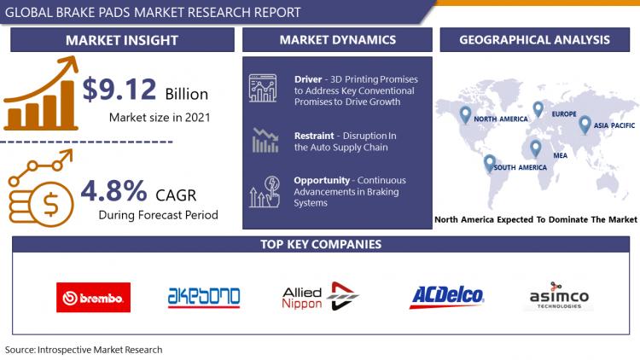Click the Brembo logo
click(94, 297)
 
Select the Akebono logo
click(204, 297)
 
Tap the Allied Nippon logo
click(320, 296)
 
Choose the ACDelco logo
click(446, 296)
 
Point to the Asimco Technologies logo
click(559, 296)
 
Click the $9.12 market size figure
click(119, 89)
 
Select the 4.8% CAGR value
click(113, 190)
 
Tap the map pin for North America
click(465, 114)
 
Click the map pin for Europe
click(538, 109)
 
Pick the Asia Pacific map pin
click(585, 125)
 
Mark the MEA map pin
click(536, 148)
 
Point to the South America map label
click(520, 167)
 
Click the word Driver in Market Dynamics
click(308, 79)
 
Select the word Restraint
click(314, 136)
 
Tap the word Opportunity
click(322, 180)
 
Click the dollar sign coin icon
click(50, 205)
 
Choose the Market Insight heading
click(122, 40)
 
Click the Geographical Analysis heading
click(535, 39)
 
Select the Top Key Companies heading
click(321, 244)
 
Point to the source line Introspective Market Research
click(84, 350)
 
